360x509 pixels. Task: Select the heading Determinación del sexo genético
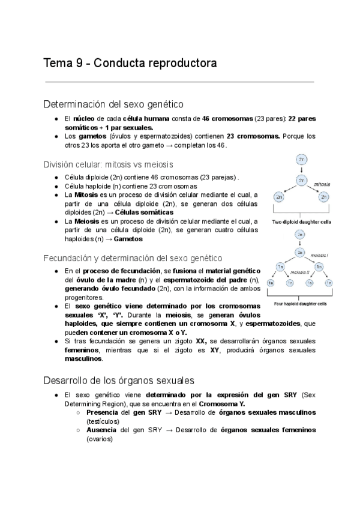pos(113,104)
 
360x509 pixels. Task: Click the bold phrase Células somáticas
pos(144,212)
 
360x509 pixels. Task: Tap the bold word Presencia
pos(101,414)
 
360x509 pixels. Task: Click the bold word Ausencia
pos(100,430)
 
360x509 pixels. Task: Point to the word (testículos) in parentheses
pos(104,422)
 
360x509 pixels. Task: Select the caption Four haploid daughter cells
pos(301,304)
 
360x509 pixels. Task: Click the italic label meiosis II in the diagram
pos(300,272)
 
